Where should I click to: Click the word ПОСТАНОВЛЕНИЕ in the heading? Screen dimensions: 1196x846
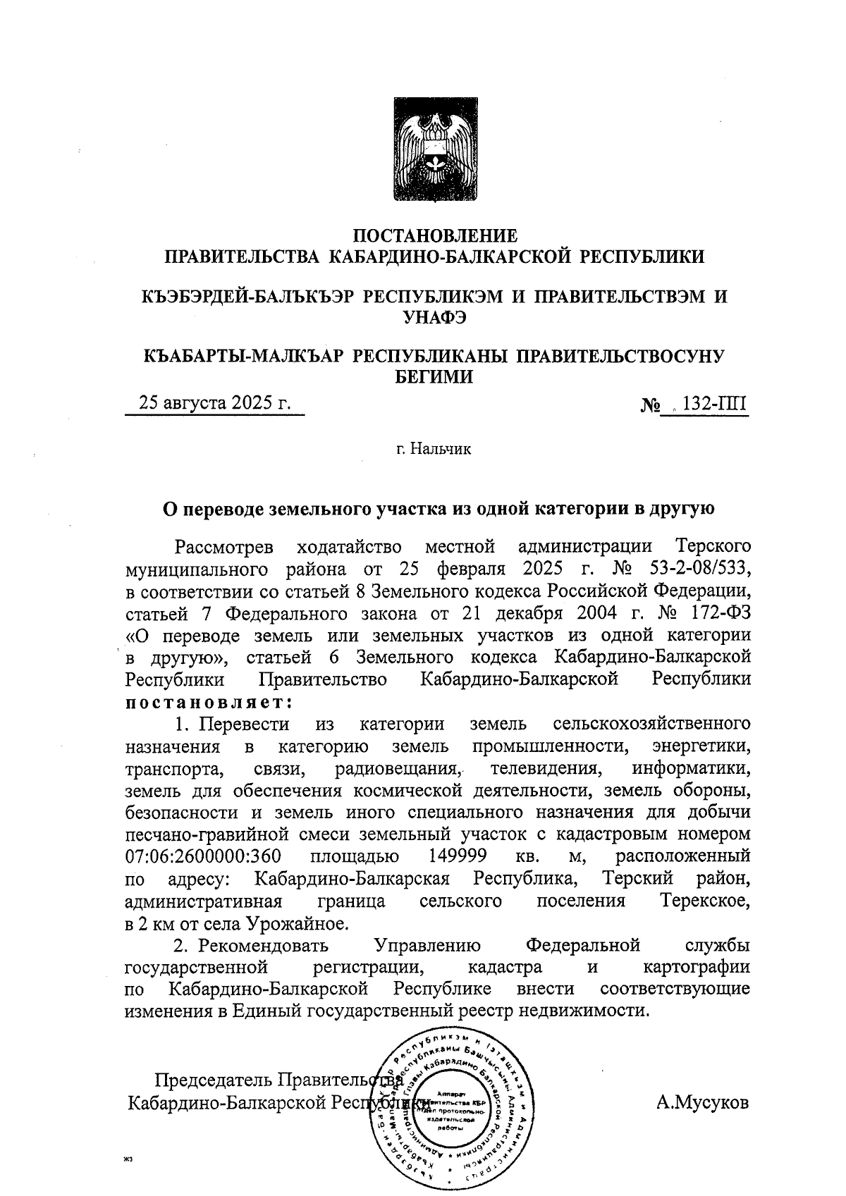434,235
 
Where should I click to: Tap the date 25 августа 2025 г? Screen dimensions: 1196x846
215,403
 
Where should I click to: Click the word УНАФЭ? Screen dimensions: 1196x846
434,317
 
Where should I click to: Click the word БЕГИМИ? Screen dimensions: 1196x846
434,378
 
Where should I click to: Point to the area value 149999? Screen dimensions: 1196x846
458,856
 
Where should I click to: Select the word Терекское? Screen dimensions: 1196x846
705,901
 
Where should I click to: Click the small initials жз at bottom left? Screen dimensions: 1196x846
128,1158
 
